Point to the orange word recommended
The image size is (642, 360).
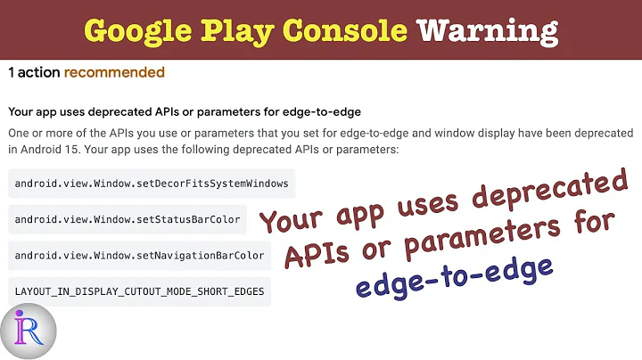pyautogui.click(x=114, y=72)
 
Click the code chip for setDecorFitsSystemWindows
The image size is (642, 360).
pyautogui.click(x=152, y=184)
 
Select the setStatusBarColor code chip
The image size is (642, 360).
pyautogui.click(x=128, y=219)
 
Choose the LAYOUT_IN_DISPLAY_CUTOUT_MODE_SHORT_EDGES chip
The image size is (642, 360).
pyautogui.click(x=139, y=290)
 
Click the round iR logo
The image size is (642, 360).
pyautogui.click(x=29, y=331)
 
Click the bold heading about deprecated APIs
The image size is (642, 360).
pyautogui.click(x=190, y=111)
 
